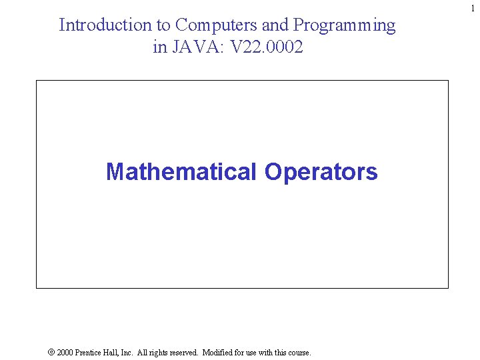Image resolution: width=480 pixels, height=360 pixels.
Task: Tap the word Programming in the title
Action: (x=345, y=25)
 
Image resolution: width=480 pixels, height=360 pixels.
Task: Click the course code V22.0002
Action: (x=267, y=47)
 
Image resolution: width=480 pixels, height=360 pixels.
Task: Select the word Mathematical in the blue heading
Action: (x=181, y=171)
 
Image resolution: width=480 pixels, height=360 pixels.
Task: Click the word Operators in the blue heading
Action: (x=321, y=171)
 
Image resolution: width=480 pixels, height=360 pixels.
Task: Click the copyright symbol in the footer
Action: (x=51, y=352)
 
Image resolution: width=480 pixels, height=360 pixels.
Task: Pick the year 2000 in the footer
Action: (x=65, y=352)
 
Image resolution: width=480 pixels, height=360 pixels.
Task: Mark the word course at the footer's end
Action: (x=299, y=352)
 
